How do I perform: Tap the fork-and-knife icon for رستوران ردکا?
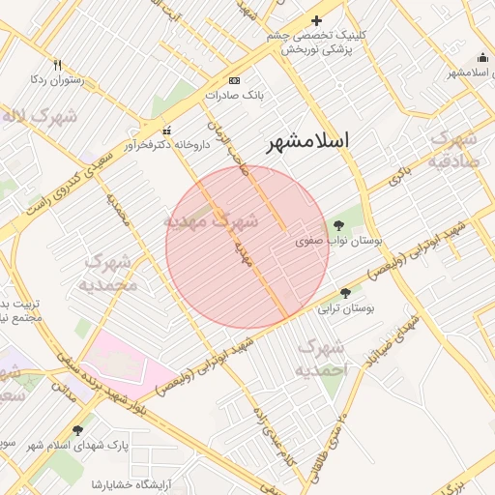click(x=57, y=65)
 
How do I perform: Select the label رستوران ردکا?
click(x=57, y=80)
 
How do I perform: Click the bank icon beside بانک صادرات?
click(x=234, y=80)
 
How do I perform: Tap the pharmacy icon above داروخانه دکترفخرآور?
click(x=166, y=131)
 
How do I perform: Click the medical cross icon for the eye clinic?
click(x=316, y=20)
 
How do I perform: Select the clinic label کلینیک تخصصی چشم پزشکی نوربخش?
click(x=318, y=43)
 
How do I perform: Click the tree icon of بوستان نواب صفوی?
click(x=337, y=224)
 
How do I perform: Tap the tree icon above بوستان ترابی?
click(x=346, y=293)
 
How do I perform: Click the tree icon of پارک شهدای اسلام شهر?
click(x=78, y=429)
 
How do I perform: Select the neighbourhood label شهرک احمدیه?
click(x=320, y=359)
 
